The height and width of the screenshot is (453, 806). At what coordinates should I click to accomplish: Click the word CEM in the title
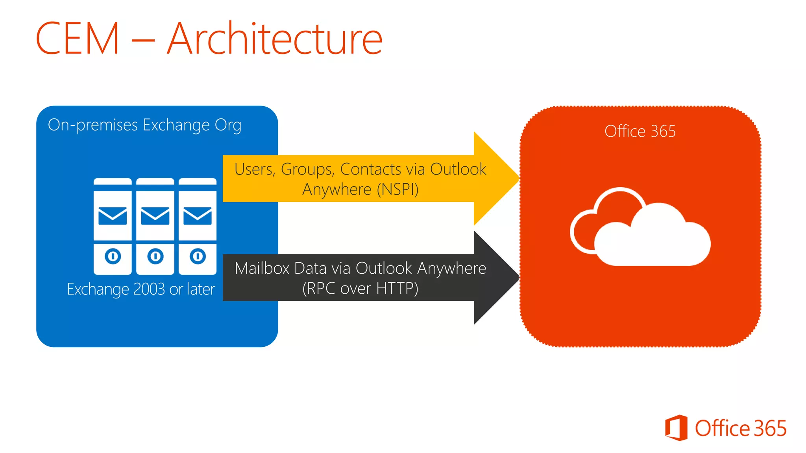click(x=77, y=39)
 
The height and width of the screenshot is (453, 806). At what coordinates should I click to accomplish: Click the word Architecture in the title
click(x=275, y=39)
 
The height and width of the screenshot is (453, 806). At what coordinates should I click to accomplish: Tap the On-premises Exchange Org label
click(x=144, y=125)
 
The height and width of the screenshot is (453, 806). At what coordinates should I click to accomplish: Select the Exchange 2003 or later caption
click(x=141, y=289)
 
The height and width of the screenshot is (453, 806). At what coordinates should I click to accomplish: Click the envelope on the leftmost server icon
click(x=113, y=216)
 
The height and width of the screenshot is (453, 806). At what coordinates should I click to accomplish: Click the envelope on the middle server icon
click(x=155, y=216)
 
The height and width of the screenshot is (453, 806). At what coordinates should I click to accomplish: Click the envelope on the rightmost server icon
click(x=198, y=216)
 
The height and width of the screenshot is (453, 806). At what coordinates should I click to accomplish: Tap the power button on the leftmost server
click(x=113, y=257)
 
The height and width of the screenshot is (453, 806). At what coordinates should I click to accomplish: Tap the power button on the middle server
click(x=155, y=257)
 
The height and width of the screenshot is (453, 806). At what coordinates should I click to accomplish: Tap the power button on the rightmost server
click(x=198, y=257)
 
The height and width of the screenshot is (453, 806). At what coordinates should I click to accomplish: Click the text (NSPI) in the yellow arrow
click(x=397, y=190)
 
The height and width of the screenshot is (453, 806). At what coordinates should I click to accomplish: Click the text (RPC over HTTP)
click(x=360, y=289)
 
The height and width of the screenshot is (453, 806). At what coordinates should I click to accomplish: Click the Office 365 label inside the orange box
click(x=640, y=131)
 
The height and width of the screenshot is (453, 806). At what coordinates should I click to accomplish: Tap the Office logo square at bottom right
click(x=676, y=428)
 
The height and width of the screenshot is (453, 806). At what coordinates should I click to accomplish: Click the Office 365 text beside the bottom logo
click(x=740, y=428)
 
